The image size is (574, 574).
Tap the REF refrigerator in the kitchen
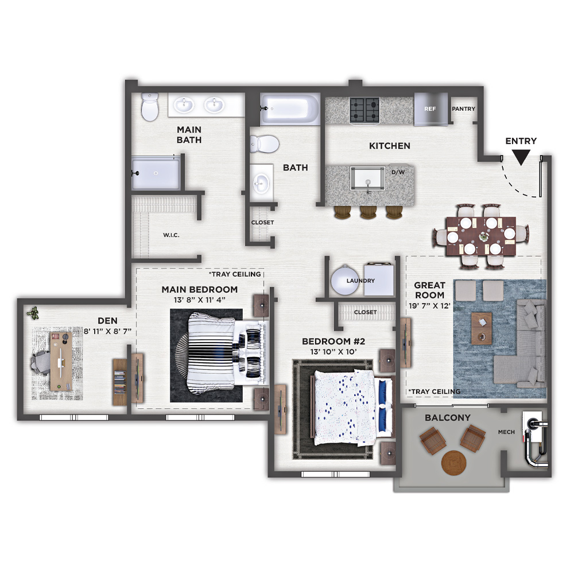click(x=431, y=109)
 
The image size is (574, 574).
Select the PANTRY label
click(x=463, y=108)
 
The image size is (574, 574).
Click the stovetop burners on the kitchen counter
click(x=364, y=110)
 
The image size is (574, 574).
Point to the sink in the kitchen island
click(x=367, y=179)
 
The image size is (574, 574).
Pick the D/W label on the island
click(x=398, y=172)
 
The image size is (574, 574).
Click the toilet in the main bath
click(x=150, y=107)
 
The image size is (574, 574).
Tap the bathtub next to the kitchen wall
click(x=289, y=108)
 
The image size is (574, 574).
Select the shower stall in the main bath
click(x=156, y=173)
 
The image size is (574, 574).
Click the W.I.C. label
click(x=171, y=235)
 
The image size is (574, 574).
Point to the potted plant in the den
click(x=33, y=313)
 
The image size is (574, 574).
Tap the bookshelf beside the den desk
click(x=119, y=382)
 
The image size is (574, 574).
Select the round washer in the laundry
click(x=344, y=280)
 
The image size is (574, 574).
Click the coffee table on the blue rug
click(x=482, y=328)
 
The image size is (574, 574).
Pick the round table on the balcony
click(x=454, y=463)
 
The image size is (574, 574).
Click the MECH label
click(x=506, y=432)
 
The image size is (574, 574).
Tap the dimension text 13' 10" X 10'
click(x=333, y=352)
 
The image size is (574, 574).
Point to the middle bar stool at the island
click(x=368, y=212)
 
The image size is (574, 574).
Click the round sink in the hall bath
click(x=261, y=182)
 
